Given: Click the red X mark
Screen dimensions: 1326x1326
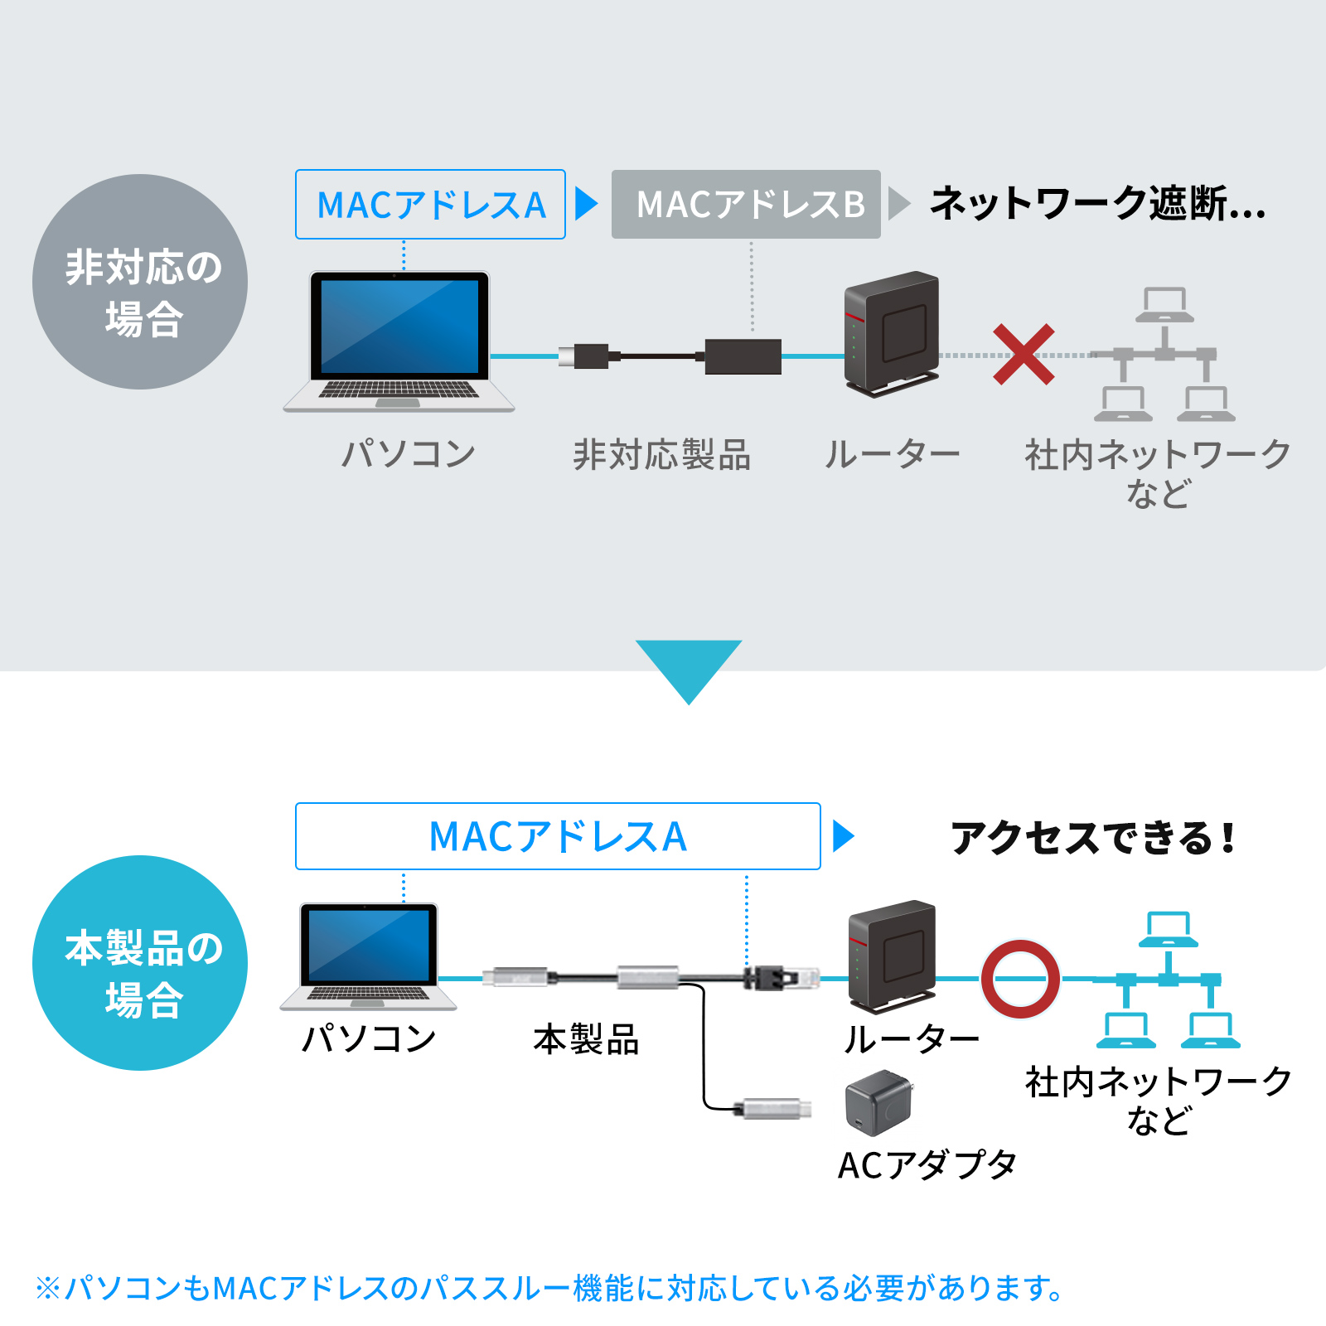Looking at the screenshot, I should [1024, 355].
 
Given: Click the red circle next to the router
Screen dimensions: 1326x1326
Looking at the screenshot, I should [1020, 979].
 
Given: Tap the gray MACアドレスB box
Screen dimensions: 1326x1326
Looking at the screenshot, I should [746, 205].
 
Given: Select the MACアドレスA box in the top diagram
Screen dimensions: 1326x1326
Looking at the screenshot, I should [430, 205].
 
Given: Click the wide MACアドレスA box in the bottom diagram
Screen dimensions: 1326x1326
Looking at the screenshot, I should [558, 836].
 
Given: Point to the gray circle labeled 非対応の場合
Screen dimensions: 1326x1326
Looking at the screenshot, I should [140, 282].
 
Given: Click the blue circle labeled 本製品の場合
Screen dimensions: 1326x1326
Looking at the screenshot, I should [140, 963].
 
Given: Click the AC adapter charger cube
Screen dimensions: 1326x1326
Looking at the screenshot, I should [878, 1102].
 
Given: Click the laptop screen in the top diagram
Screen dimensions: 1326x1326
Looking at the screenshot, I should [399, 326].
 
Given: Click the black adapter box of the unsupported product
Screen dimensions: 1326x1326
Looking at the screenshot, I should [743, 356].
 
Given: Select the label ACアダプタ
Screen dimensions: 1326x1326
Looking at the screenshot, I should [927, 1165].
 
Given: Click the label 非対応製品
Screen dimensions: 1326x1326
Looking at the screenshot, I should [661, 455].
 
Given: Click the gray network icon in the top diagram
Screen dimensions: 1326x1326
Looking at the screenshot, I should [1164, 355].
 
